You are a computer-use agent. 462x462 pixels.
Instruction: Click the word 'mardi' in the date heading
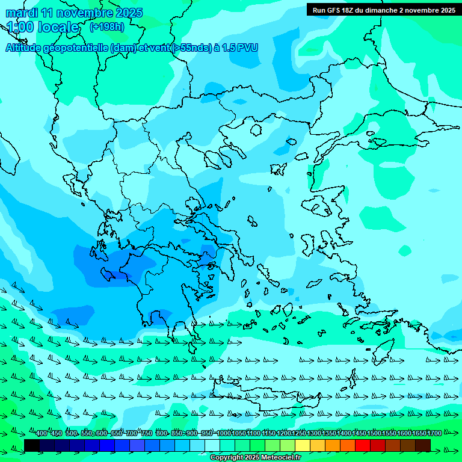(21, 13)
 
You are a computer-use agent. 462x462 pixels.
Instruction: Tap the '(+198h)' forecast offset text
(107, 26)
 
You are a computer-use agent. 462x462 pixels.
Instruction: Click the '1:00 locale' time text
(43, 28)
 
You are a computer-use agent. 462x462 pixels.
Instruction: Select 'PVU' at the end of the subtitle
(247, 48)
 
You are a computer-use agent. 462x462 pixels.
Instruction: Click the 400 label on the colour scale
(41, 434)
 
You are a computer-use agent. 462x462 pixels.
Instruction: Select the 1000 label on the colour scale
(224, 434)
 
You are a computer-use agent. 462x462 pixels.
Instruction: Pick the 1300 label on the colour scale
(314, 434)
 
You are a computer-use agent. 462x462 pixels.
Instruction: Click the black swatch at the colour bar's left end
(32, 445)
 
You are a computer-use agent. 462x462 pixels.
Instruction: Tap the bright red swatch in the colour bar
(363, 445)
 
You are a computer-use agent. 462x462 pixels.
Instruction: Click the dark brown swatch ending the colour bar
(423, 445)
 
